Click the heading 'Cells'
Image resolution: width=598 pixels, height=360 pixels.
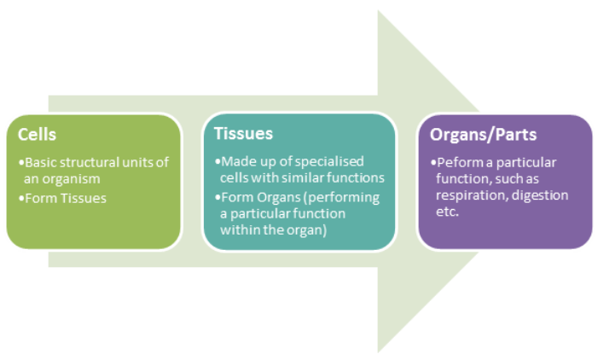[37, 135]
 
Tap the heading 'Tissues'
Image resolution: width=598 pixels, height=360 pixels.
[243, 133]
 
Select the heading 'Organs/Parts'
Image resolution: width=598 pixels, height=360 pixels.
[483, 135]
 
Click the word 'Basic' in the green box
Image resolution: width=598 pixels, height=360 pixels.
[41, 162]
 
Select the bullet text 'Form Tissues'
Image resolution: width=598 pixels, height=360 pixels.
[66, 198]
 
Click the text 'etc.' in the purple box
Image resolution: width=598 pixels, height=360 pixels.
[447, 212]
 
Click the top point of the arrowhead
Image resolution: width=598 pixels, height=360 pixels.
[378, 10]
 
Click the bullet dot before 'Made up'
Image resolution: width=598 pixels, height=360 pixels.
[218, 162]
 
